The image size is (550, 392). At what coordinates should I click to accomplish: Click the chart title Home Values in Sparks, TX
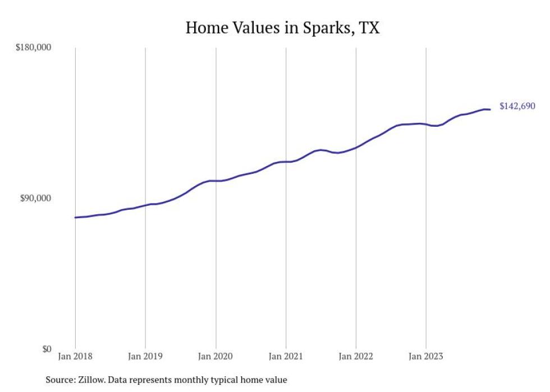click(282, 27)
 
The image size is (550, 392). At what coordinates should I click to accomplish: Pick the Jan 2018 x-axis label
click(75, 356)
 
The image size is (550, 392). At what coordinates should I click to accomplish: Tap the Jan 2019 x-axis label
click(145, 356)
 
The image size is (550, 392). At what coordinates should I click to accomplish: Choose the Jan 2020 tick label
click(216, 356)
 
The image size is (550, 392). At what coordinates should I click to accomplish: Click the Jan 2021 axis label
click(286, 356)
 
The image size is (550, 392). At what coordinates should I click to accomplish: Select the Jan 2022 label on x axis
click(356, 356)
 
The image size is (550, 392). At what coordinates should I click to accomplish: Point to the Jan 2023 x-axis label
click(426, 356)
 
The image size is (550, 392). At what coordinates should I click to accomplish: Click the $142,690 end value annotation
click(517, 106)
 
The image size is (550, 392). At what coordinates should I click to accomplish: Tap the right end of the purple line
click(490, 109)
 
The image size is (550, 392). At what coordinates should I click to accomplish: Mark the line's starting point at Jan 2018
click(76, 217)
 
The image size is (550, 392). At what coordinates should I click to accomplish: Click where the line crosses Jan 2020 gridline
click(216, 181)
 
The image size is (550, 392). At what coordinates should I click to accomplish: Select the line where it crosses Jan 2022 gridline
click(356, 147)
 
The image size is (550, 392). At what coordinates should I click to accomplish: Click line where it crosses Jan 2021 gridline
click(286, 162)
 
